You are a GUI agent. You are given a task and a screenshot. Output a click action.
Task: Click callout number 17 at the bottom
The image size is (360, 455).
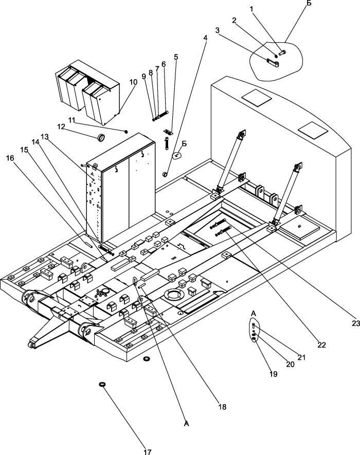point(147,451)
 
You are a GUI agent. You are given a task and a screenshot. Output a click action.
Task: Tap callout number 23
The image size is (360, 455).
point(356,323)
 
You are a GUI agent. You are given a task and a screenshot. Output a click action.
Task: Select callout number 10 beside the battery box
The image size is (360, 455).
point(133,82)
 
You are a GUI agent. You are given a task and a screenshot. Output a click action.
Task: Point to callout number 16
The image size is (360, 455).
point(10,158)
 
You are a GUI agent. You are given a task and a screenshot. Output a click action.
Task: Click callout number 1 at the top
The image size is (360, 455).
point(251,9)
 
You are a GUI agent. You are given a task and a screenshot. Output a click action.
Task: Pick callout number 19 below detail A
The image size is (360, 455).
point(273,374)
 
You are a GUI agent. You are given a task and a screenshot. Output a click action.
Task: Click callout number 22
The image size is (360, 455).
point(321,345)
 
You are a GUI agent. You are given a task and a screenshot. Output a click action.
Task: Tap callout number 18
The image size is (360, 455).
point(222,407)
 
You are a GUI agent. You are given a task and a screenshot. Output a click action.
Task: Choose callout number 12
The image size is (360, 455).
point(61,126)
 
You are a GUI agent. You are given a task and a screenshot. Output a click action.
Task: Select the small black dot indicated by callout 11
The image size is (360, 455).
point(126,132)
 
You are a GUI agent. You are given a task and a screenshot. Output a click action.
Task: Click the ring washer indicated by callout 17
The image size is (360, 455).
point(102,385)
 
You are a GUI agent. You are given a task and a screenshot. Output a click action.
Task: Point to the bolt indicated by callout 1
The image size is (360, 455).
point(282,52)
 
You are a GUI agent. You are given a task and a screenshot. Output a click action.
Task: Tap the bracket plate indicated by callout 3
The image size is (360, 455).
point(273,63)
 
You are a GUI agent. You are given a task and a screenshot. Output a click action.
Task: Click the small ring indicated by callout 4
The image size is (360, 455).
point(165,174)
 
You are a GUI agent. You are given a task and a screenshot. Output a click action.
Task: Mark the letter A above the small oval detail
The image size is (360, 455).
point(254,314)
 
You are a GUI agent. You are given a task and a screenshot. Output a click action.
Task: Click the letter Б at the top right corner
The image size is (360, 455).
point(309,3)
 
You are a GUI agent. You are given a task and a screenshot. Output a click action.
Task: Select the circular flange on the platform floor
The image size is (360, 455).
point(174,295)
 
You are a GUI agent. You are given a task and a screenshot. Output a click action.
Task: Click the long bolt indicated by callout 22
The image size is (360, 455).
point(223,231)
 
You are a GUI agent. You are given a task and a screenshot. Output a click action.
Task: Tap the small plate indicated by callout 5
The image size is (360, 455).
point(168,132)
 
